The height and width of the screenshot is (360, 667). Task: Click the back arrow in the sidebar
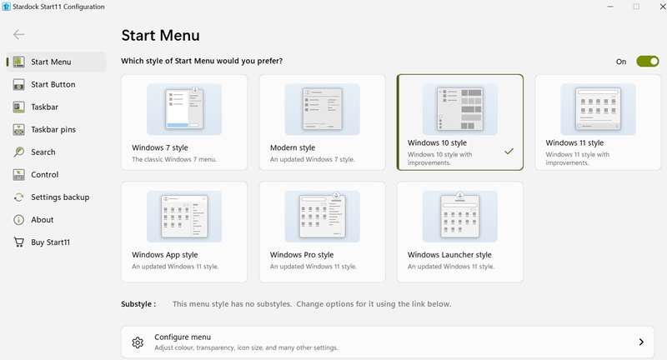click(18, 34)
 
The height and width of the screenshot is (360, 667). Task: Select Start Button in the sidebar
click(53, 84)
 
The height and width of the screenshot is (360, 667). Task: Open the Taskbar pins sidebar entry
click(53, 129)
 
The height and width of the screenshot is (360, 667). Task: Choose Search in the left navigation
click(43, 152)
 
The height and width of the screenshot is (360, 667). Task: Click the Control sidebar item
click(45, 174)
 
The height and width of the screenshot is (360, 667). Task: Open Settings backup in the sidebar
click(60, 197)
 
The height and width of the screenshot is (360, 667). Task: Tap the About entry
click(43, 219)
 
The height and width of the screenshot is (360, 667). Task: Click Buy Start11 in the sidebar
click(50, 242)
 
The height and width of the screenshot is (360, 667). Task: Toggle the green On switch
click(648, 61)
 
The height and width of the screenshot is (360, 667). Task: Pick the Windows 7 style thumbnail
click(184, 109)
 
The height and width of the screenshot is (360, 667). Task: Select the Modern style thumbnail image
click(322, 109)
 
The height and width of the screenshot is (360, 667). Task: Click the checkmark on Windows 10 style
click(509, 151)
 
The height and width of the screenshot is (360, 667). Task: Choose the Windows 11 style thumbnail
click(598, 109)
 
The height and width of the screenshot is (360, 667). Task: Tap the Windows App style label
click(164, 255)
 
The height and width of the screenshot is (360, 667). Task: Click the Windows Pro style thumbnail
click(322, 217)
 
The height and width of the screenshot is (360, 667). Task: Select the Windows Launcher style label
click(449, 255)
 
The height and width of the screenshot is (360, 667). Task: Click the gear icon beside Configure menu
click(138, 342)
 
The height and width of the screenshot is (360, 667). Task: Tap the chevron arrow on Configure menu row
click(641, 342)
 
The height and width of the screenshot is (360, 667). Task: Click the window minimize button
click(610, 7)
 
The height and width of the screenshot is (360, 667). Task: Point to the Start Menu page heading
click(160, 35)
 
